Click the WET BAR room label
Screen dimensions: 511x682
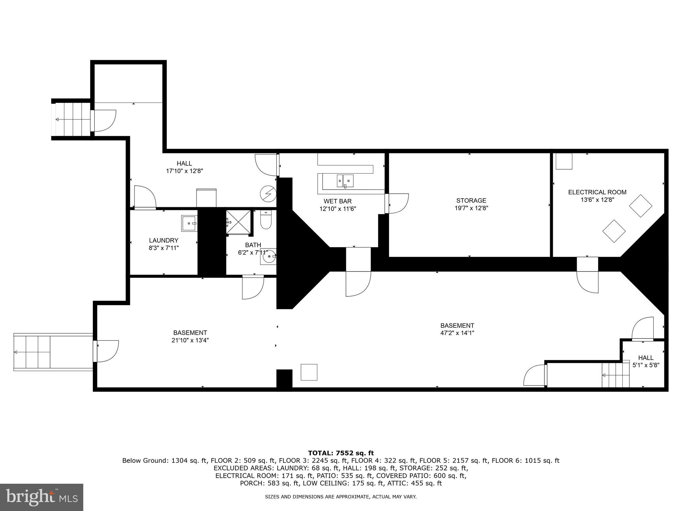click(337, 201)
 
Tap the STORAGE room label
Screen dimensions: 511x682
click(471, 201)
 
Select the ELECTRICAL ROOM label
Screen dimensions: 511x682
click(597, 192)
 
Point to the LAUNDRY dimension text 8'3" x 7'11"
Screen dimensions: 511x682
click(164, 248)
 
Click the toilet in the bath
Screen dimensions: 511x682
click(266, 220)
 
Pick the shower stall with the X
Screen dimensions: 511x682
click(238, 222)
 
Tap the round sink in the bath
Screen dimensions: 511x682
click(269, 257)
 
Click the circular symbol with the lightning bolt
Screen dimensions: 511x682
click(268, 194)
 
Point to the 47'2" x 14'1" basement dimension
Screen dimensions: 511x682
click(457, 333)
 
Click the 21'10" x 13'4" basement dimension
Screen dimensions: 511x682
click(190, 340)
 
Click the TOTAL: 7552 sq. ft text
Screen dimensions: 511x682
click(341, 453)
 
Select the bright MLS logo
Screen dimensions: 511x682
click(42, 497)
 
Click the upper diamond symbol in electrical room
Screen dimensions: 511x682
click(640, 206)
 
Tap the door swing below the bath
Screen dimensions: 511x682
click(253, 287)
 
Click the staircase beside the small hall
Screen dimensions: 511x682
click(615, 375)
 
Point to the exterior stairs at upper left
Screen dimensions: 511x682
click(71, 119)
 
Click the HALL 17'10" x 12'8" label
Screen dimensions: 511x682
click(184, 167)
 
